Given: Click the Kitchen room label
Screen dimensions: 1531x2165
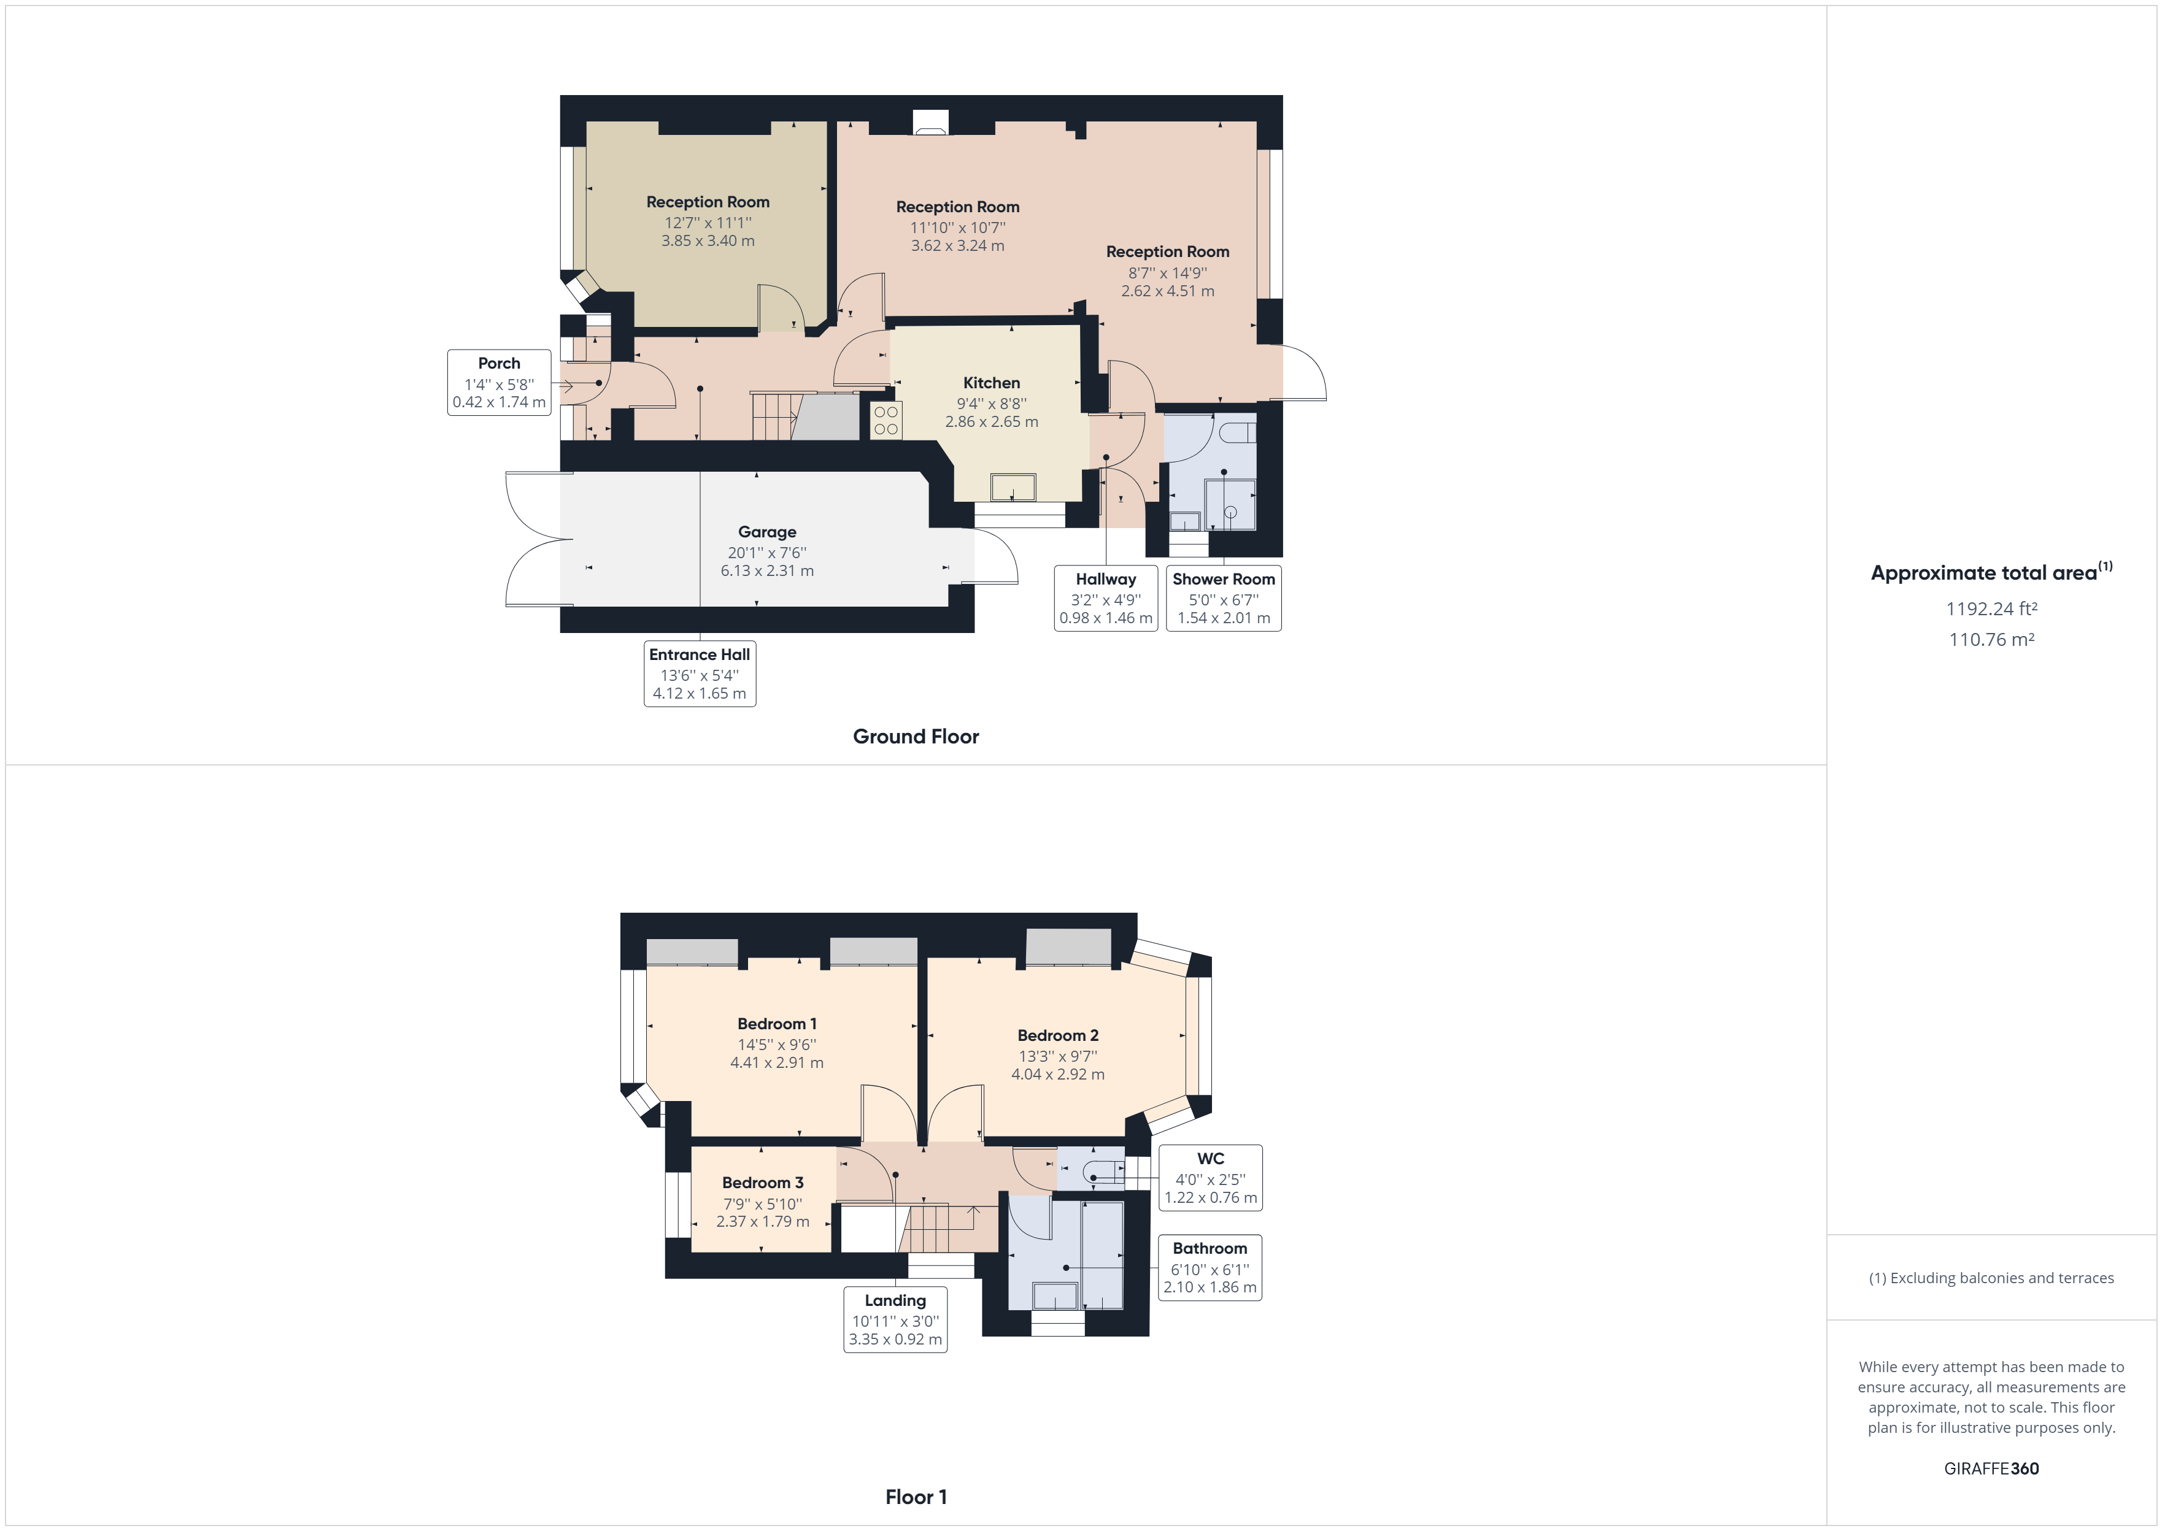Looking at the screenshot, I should click(x=991, y=383).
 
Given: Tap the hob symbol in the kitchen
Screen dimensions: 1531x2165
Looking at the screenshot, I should click(x=886, y=420).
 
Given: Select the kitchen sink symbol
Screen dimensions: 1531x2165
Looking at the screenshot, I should click(x=1013, y=488).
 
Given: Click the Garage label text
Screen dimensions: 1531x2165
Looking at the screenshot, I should click(x=766, y=532).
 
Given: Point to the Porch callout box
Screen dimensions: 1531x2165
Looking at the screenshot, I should click(x=499, y=382).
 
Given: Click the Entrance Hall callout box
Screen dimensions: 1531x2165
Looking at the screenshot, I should click(x=700, y=673).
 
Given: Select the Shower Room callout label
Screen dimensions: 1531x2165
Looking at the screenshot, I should click(x=1223, y=597).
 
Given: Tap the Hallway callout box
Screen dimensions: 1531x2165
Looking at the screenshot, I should click(x=1105, y=597).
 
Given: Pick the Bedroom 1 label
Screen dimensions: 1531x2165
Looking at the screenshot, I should click(x=777, y=1024).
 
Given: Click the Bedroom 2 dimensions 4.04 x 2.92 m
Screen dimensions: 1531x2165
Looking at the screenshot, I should click(x=1057, y=1074).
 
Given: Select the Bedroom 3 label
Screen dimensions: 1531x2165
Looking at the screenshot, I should click(x=763, y=1182).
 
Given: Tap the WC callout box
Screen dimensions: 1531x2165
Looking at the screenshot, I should click(x=1210, y=1178).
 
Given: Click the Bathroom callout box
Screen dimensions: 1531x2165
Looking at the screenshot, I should click(x=1210, y=1267).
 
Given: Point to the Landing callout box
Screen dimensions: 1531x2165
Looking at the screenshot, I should click(x=895, y=1319).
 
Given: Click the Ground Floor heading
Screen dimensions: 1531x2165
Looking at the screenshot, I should click(x=916, y=736).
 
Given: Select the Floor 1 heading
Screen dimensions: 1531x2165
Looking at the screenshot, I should click(x=916, y=1496).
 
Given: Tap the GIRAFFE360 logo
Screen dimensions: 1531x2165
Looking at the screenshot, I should click(x=1991, y=1468).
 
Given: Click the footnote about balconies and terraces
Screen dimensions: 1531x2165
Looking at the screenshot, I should click(x=1991, y=1278).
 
